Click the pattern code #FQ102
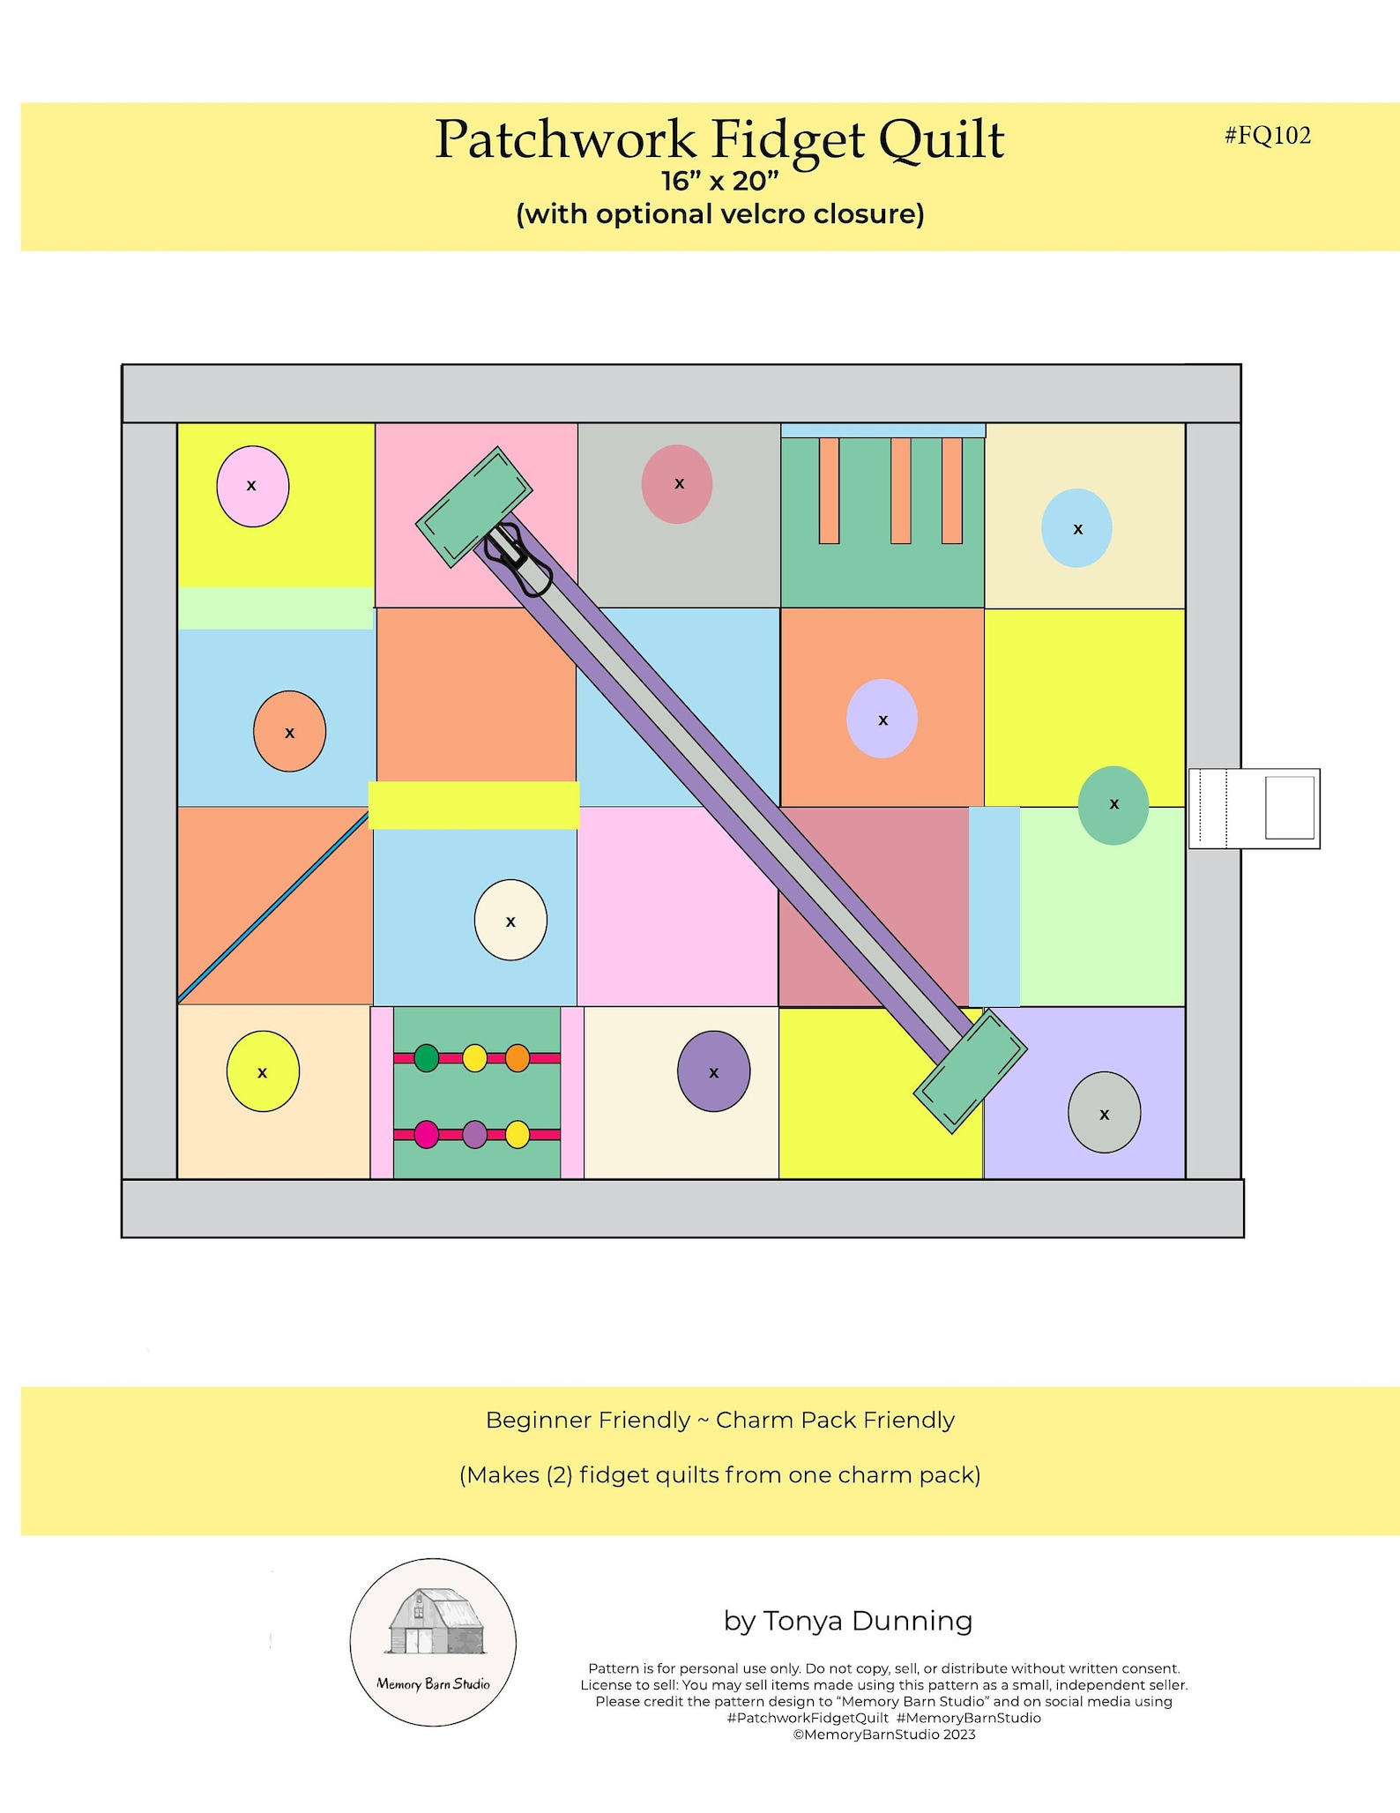1267,135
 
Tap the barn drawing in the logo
436,1622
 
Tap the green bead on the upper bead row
426,1057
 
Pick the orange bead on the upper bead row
518,1057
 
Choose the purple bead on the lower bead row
474,1134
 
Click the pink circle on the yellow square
252,487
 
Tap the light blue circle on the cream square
1076,528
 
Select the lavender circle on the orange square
882,719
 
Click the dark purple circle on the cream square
713,1071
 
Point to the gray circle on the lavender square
1104,1113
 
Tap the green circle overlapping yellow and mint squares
1113,805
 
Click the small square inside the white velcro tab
1289,808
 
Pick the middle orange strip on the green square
900,490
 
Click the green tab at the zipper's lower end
970,1071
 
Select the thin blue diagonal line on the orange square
273,907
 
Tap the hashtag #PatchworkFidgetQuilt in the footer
808,1718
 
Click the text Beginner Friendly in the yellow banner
587,1420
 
